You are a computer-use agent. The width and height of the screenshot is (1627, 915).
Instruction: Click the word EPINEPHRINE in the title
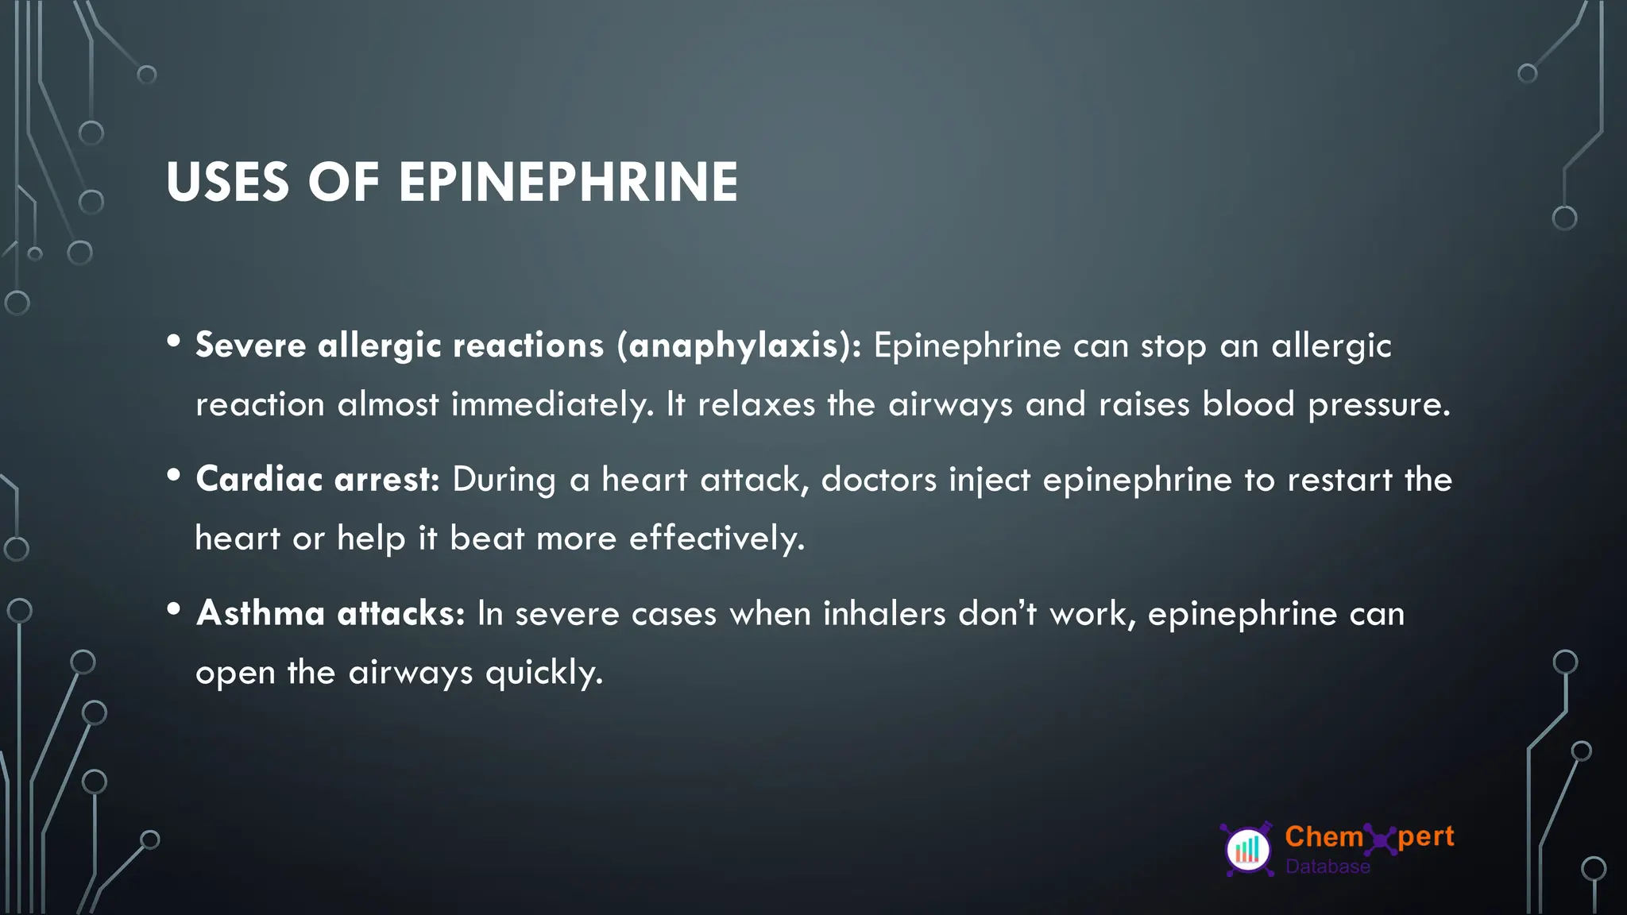pos(568,183)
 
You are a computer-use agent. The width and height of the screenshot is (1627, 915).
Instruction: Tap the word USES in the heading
pos(227,183)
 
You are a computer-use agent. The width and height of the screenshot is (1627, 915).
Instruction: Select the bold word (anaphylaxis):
pos(739,346)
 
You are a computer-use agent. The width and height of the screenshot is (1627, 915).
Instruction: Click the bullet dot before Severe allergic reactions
pos(174,342)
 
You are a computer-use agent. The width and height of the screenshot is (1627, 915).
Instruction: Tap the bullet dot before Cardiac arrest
pos(174,475)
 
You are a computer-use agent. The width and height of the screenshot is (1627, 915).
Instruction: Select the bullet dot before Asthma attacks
pos(174,609)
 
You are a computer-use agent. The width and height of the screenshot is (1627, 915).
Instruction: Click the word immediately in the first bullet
pos(552,405)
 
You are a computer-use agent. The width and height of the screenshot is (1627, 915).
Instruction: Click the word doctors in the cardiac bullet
pos(879,480)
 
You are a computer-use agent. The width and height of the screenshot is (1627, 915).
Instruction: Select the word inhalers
pos(884,614)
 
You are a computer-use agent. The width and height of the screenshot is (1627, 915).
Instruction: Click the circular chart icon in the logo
pos(1248,850)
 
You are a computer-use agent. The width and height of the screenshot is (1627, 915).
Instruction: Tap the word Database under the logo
pos(1327,867)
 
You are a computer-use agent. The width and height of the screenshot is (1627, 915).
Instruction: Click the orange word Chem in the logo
pos(1324,836)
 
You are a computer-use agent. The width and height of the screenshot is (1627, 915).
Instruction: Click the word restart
pos(1339,481)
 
